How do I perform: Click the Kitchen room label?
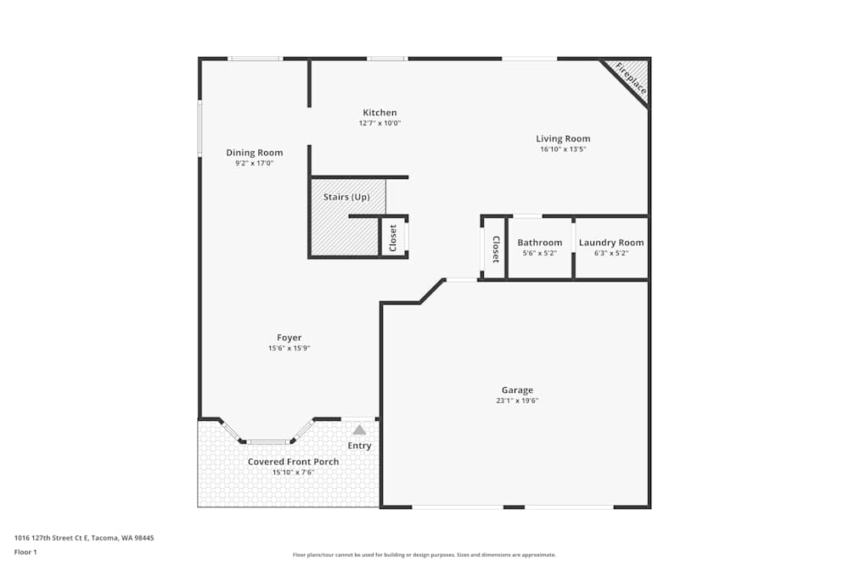380,113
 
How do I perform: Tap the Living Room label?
563,138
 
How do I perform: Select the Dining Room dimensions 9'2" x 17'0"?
254,163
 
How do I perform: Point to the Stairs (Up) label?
346,197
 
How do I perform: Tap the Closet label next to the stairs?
393,238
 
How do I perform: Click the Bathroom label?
540,243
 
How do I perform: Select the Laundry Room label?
611,243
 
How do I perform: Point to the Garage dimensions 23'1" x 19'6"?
517,401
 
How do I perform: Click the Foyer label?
290,338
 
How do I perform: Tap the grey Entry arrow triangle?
359,430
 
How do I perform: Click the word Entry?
359,446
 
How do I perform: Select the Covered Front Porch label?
293,462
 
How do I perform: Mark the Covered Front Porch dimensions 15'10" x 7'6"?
293,472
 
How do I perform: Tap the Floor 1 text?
25,552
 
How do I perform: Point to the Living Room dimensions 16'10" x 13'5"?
563,149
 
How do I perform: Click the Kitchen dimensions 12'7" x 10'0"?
380,123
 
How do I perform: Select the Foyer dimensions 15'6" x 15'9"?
290,348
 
